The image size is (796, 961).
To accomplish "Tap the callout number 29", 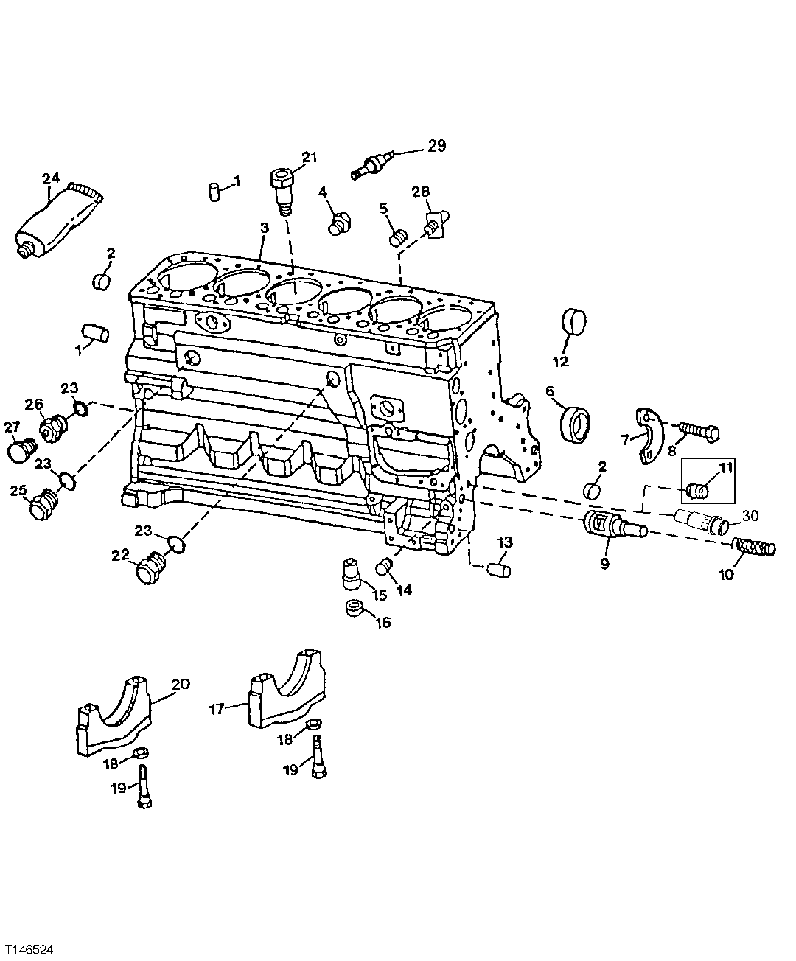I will (x=437, y=146).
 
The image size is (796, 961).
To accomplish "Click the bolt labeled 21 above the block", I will (x=282, y=187).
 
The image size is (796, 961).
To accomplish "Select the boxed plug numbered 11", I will (x=697, y=488).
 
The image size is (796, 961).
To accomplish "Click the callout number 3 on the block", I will (x=264, y=229).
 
